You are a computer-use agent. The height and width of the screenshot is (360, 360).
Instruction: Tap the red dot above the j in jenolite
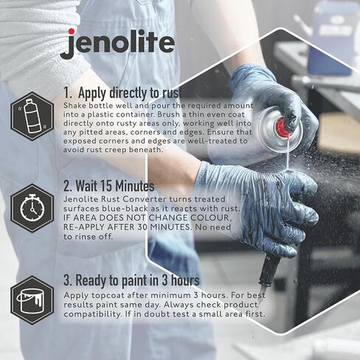[x=69, y=31]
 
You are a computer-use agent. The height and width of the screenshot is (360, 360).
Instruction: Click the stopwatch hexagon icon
[x=31, y=209]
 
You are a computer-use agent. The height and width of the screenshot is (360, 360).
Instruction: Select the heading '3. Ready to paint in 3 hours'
[x=131, y=280]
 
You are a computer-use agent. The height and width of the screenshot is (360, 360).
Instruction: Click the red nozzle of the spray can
[x=283, y=128]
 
